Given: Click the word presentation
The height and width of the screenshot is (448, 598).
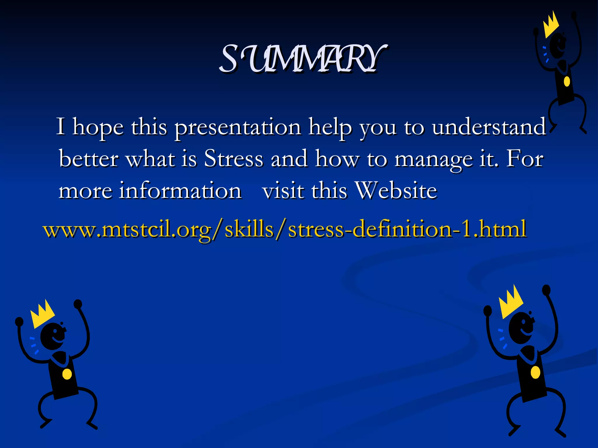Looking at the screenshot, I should [x=238, y=127].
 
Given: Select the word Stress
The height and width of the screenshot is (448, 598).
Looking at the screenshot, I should [x=234, y=159].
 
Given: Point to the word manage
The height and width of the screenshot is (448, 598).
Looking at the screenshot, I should [x=433, y=160].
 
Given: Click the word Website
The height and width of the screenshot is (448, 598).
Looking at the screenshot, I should [x=396, y=191].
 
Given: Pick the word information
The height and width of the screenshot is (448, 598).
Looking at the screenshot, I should [x=179, y=191].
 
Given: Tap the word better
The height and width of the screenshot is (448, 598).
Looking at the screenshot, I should [x=88, y=159].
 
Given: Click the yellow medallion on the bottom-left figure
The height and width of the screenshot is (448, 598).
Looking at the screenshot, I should [x=67, y=374].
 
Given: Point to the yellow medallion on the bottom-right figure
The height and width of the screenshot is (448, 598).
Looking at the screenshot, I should [x=535, y=372].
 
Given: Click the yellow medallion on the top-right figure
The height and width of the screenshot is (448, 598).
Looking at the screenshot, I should [x=567, y=81].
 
